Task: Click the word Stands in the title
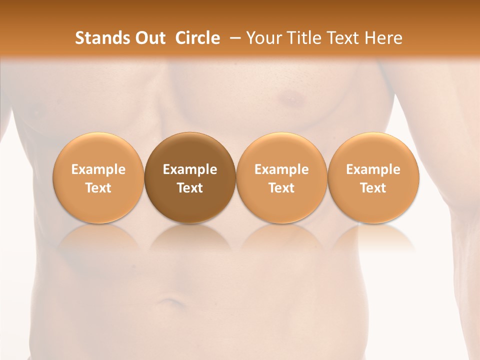tap(98, 38)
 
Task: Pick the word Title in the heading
tap(301, 38)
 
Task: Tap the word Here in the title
tap(383, 38)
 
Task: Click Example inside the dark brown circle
tap(189, 169)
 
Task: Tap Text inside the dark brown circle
tap(189, 188)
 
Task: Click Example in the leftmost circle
tap(98, 169)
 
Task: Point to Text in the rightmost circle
tap(373, 188)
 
